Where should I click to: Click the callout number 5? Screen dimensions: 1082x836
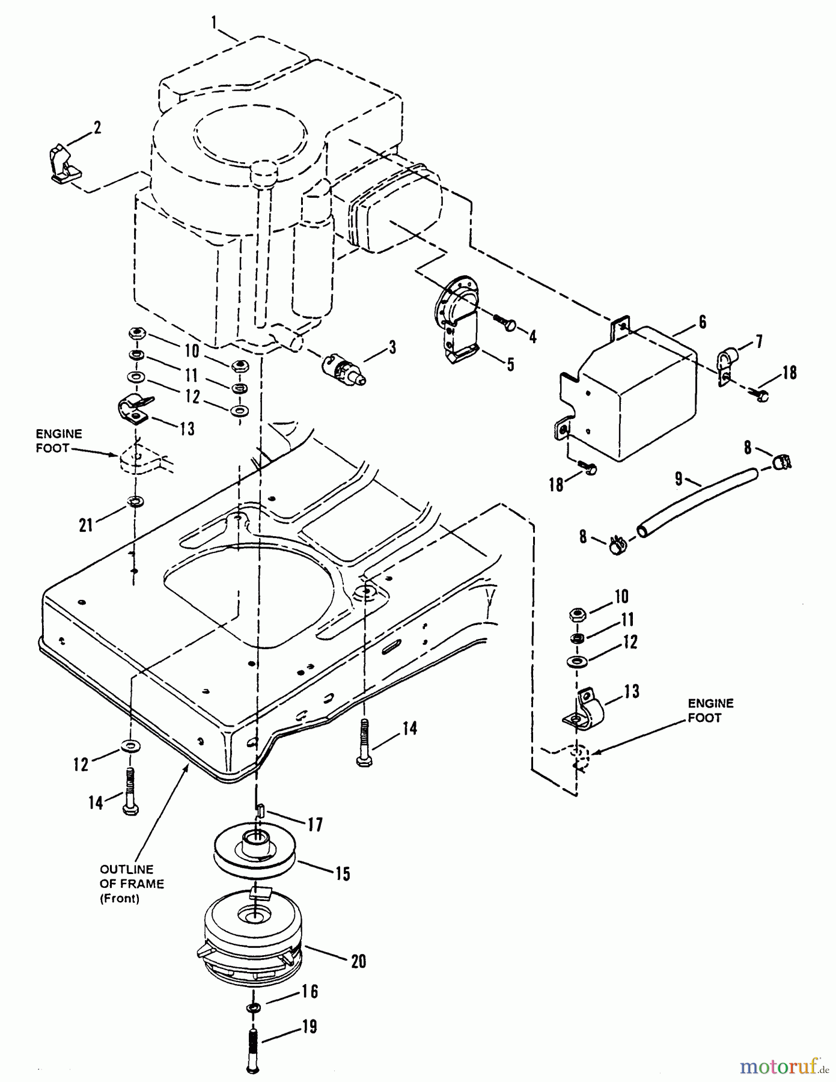coord(510,364)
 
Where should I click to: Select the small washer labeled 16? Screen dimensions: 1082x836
coord(253,1007)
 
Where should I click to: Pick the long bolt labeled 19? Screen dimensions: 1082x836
coord(252,1049)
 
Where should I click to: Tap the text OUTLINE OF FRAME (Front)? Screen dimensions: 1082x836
coord(131,884)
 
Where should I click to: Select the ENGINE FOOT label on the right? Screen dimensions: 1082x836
coord(710,710)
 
